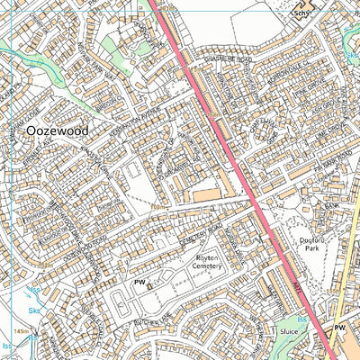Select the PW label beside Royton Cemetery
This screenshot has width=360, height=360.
[139, 283]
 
